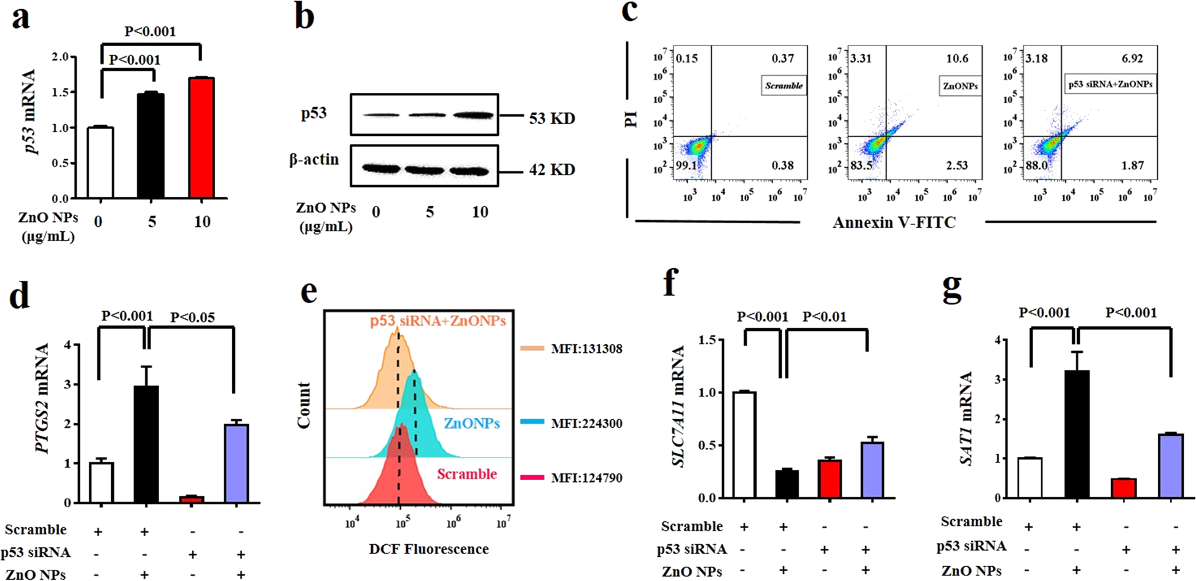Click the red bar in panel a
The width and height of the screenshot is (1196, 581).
[x=201, y=138]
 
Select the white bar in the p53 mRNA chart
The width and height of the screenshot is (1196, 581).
[x=100, y=163]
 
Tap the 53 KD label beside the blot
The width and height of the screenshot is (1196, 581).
[x=551, y=118]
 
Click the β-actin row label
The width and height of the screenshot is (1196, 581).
[x=314, y=160]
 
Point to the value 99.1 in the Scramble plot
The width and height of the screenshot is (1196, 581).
[x=687, y=165]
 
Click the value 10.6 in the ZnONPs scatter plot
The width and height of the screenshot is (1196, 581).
[x=957, y=58]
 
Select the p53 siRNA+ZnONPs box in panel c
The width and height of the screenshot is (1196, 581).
[x=1109, y=84]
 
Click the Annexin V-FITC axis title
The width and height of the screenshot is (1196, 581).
[x=894, y=223]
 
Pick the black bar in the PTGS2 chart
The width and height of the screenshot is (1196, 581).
[x=146, y=444]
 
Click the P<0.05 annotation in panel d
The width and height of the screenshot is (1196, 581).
[x=192, y=317]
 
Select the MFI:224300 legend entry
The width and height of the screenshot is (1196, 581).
[x=586, y=423]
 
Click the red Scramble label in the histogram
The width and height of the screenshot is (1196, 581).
[x=466, y=474]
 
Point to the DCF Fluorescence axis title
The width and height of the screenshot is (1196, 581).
[x=428, y=549]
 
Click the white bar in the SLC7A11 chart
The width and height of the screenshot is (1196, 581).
[x=744, y=445]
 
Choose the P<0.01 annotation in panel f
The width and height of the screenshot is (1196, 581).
[x=824, y=317]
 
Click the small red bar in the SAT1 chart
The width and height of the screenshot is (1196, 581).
[x=1124, y=488]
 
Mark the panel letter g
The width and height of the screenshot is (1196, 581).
[x=952, y=289]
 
